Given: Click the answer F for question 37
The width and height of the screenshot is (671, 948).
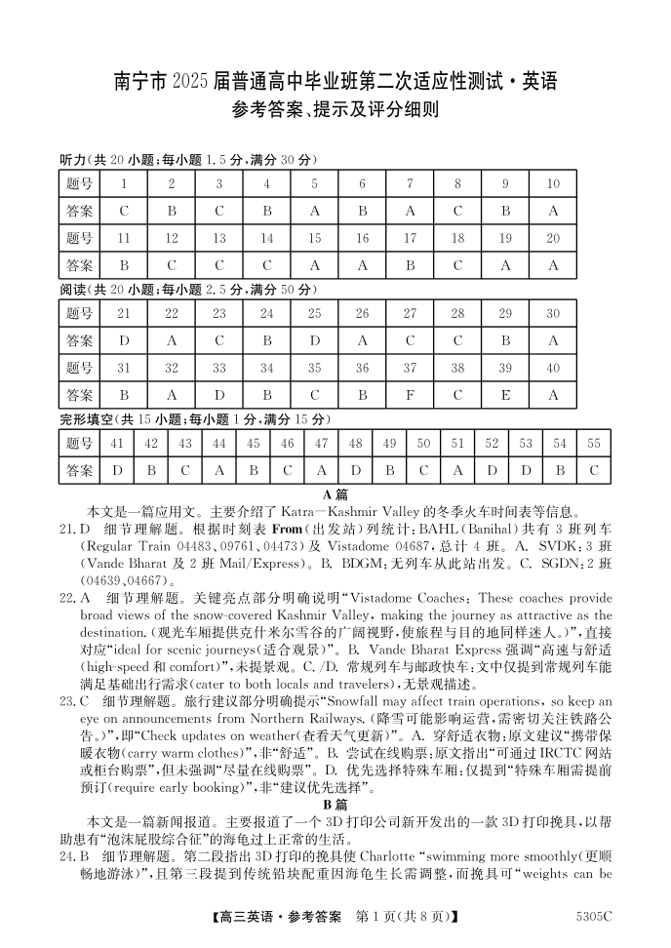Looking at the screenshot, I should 410,395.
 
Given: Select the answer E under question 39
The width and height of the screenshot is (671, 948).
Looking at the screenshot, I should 505,395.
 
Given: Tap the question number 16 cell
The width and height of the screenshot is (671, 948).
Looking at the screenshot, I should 362,238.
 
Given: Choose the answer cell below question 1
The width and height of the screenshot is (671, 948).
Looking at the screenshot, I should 124,211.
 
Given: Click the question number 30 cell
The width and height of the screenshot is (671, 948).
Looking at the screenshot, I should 553,313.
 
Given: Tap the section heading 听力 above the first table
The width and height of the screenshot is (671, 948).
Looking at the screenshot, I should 73,160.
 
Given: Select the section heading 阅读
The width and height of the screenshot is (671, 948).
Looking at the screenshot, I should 73,290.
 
